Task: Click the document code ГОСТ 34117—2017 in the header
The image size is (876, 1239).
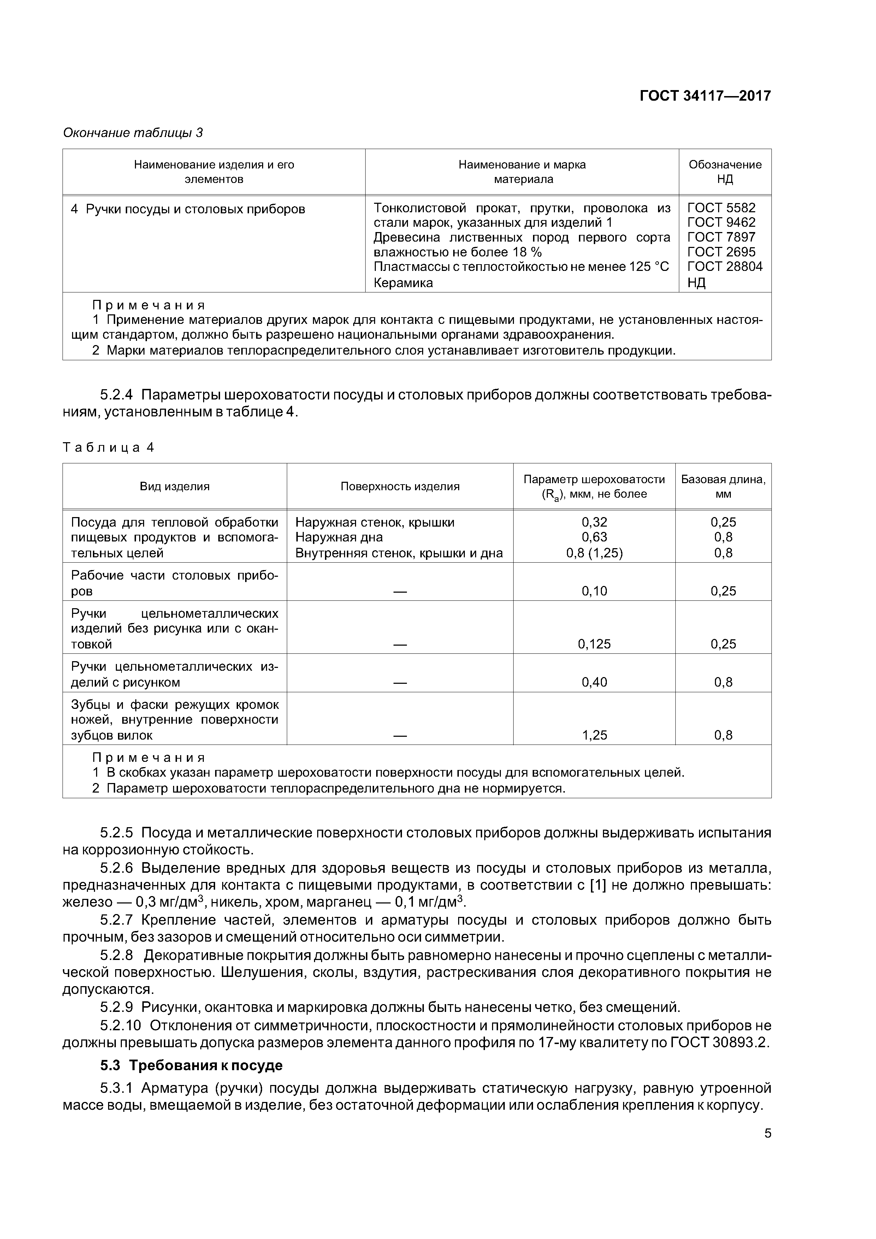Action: (x=705, y=96)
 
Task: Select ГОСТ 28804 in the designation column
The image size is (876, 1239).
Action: (x=724, y=267)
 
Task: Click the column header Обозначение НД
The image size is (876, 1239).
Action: (x=724, y=172)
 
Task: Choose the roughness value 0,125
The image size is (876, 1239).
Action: (x=594, y=644)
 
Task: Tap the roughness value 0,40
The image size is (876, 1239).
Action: (x=594, y=682)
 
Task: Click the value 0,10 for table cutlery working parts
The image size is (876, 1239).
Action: (x=594, y=591)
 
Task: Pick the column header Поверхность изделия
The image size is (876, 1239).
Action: (x=399, y=486)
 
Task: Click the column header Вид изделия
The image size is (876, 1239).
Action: (x=174, y=486)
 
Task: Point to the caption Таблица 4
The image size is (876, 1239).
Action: (x=108, y=447)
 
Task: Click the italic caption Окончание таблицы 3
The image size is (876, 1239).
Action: (x=133, y=133)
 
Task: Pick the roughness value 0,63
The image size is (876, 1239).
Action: (x=594, y=537)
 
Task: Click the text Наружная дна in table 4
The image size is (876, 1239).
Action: (x=339, y=537)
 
